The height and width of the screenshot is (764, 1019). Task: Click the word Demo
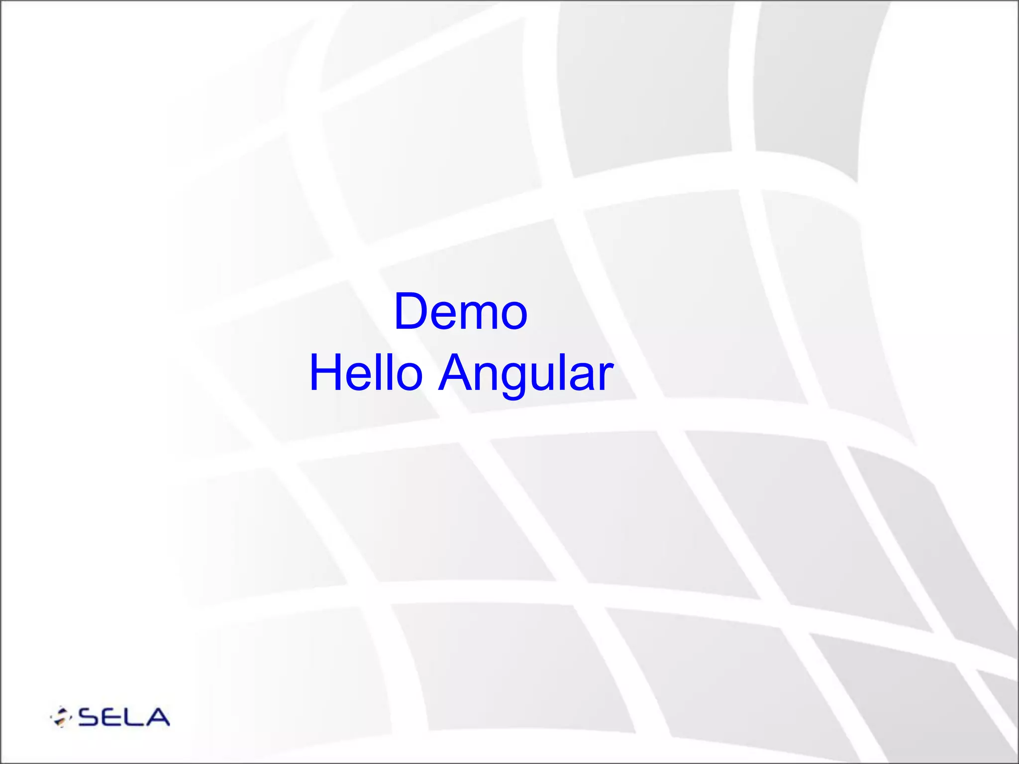(x=460, y=312)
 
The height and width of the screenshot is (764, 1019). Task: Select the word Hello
(x=366, y=373)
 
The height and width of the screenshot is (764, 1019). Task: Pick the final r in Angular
(x=606, y=377)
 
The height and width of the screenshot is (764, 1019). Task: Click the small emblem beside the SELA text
(x=61, y=717)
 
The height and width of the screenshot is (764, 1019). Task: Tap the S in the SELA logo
(x=90, y=717)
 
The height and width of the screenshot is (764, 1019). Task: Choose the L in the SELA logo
(x=135, y=717)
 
